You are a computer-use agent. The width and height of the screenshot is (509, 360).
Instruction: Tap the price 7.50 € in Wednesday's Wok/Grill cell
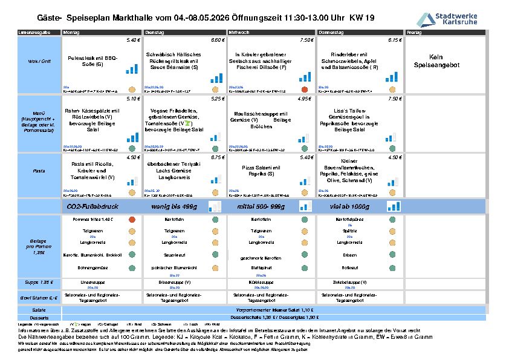point(306,40)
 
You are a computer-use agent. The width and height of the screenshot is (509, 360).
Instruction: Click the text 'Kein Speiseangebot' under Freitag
point(435,61)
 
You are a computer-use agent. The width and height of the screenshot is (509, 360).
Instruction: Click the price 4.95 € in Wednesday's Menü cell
point(305,98)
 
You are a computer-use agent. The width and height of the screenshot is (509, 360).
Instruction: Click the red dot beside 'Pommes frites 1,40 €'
point(132,219)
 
